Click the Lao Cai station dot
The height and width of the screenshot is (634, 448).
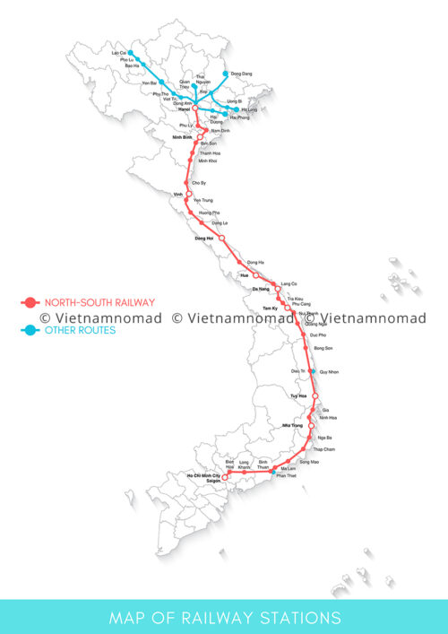[130, 53]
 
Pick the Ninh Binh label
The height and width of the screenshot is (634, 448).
[183, 136]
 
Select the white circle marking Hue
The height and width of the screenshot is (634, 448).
[255, 275]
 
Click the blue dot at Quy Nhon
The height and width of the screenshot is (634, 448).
[313, 370]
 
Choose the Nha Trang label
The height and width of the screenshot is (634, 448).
[294, 425]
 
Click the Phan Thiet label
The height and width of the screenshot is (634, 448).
[286, 476]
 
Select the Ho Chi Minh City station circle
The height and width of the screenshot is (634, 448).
[225, 477]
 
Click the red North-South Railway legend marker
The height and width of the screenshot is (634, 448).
[30, 303]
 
